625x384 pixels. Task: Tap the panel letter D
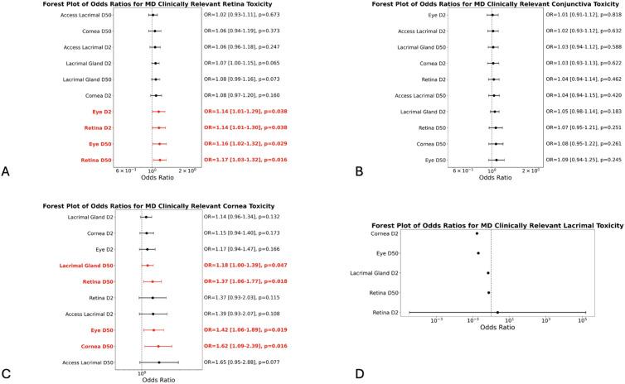tap(336, 373)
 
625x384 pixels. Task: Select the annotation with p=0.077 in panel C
tap(246, 362)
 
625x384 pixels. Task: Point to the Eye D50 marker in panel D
tap(478, 253)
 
